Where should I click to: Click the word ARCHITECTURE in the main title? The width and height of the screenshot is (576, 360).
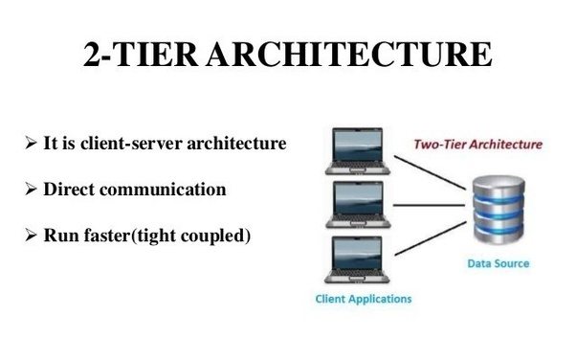[349, 54]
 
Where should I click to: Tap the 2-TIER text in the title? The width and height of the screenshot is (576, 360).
[141, 54]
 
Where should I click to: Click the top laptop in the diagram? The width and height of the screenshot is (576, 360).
[358, 151]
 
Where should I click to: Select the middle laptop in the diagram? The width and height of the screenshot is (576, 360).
[358, 205]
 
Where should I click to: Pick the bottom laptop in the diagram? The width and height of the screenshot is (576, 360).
[357, 259]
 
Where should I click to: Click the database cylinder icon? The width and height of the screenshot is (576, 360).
[498, 210]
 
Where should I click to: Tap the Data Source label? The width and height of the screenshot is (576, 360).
[498, 263]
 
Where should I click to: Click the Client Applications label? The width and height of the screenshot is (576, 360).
[364, 299]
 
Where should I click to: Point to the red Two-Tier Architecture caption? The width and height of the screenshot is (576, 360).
[477, 145]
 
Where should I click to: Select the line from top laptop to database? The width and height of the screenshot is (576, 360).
[431, 173]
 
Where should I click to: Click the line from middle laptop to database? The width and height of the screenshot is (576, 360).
[429, 205]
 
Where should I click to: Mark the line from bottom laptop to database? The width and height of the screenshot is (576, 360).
[431, 238]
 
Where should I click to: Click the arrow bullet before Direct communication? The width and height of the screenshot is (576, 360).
[31, 189]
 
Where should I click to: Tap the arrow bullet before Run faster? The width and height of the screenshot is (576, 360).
[31, 235]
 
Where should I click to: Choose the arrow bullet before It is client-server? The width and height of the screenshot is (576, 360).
[31, 143]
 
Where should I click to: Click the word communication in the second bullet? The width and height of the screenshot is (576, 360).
[163, 190]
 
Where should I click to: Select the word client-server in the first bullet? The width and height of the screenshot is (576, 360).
[131, 143]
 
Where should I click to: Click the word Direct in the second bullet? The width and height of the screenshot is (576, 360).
[69, 190]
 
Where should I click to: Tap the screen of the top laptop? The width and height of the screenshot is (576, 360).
[357, 145]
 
